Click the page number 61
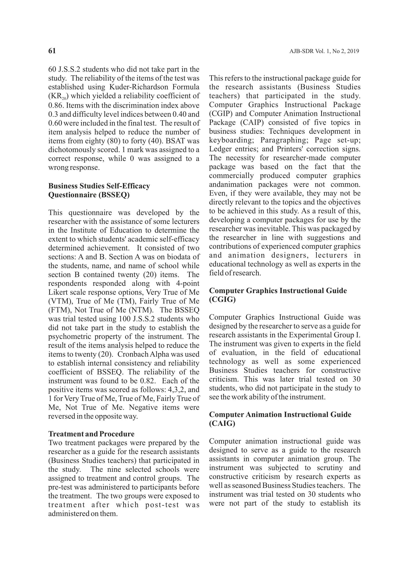click(52, 51)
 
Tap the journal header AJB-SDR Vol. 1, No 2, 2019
click(324, 51)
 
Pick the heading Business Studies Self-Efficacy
click(99, 186)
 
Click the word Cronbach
click(133, 354)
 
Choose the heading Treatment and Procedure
click(91, 434)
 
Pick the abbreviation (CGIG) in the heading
click(222, 300)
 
